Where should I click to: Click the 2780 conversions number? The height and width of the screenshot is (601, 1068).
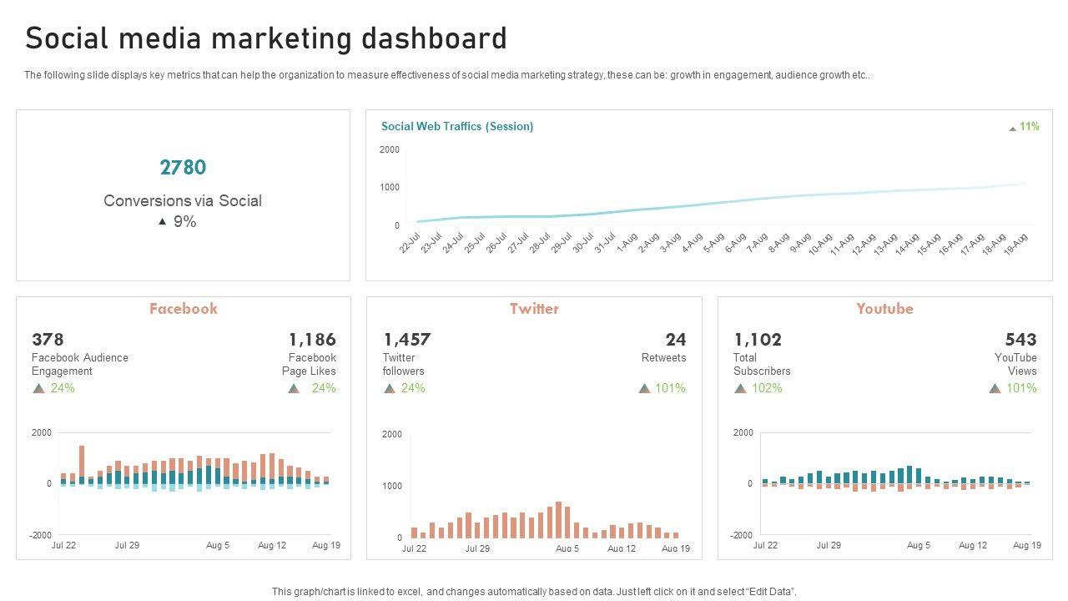pos(183,168)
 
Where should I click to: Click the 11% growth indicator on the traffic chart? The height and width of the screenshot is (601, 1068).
pos(1029,127)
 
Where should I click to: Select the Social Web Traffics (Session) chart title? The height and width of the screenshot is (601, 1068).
pos(457,127)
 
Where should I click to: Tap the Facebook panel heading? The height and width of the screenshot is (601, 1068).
pos(183,309)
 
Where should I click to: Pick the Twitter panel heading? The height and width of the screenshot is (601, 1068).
pos(534,309)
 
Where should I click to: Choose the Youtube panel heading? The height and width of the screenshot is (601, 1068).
pos(884,309)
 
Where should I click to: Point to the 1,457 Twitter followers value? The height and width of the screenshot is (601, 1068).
pos(407,340)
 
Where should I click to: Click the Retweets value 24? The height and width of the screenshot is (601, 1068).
pos(676,340)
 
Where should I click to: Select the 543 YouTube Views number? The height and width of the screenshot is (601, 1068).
pos(1020,340)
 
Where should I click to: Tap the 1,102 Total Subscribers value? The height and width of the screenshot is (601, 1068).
pos(758,340)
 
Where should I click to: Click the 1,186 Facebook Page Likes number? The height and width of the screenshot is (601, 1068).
pos(312,340)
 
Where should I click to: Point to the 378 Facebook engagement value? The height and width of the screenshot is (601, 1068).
pos(48,340)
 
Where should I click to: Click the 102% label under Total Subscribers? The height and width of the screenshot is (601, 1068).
pos(767,388)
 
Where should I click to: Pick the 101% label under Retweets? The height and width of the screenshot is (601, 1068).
pos(670,388)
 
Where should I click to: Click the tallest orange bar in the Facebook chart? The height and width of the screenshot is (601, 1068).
pos(82,461)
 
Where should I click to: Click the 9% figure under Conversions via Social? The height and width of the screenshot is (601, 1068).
pos(184,222)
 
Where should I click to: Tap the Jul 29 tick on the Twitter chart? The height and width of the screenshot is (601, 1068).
pos(477,549)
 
